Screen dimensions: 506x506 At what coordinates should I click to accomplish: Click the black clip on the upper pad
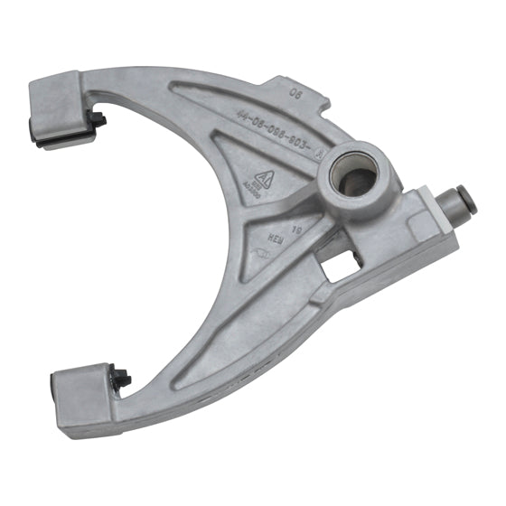click(x=95, y=121)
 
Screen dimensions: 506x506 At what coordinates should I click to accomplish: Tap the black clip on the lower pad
click(x=120, y=378)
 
